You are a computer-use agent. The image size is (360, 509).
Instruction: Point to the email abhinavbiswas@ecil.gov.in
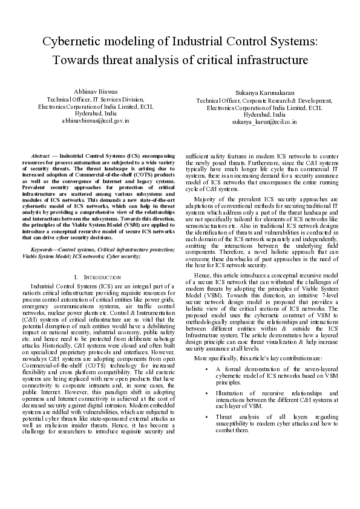91,120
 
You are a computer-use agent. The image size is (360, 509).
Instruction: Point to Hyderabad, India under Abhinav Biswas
91,113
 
